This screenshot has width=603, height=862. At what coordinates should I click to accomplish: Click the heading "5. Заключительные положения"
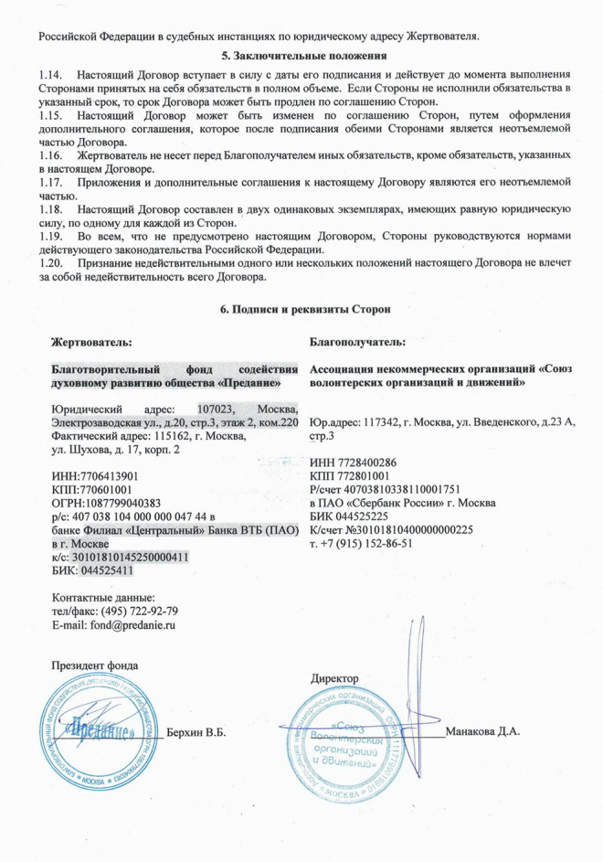301,57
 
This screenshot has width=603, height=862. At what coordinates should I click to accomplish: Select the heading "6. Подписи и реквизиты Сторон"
301,310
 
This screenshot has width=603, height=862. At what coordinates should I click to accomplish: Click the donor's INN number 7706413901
110,477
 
